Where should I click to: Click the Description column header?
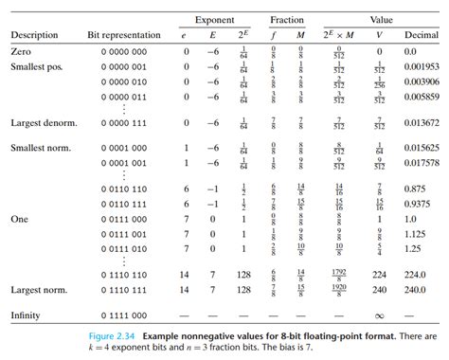pyautogui.click(x=35, y=35)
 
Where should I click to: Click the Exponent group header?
pyautogui.click(x=216, y=18)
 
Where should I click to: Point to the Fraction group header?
pyautogui.click(x=286, y=18)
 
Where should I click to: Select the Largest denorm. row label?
pyautogui.click(x=44, y=123)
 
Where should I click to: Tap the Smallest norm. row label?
pyautogui.click(x=42, y=149)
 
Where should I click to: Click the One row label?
pyautogui.click(x=20, y=218)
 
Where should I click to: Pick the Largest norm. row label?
pyautogui.click(x=41, y=288)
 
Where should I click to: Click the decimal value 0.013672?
pyautogui.click(x=422, y=123)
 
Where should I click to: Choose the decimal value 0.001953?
pyautogui.click(x=422, y=67)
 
